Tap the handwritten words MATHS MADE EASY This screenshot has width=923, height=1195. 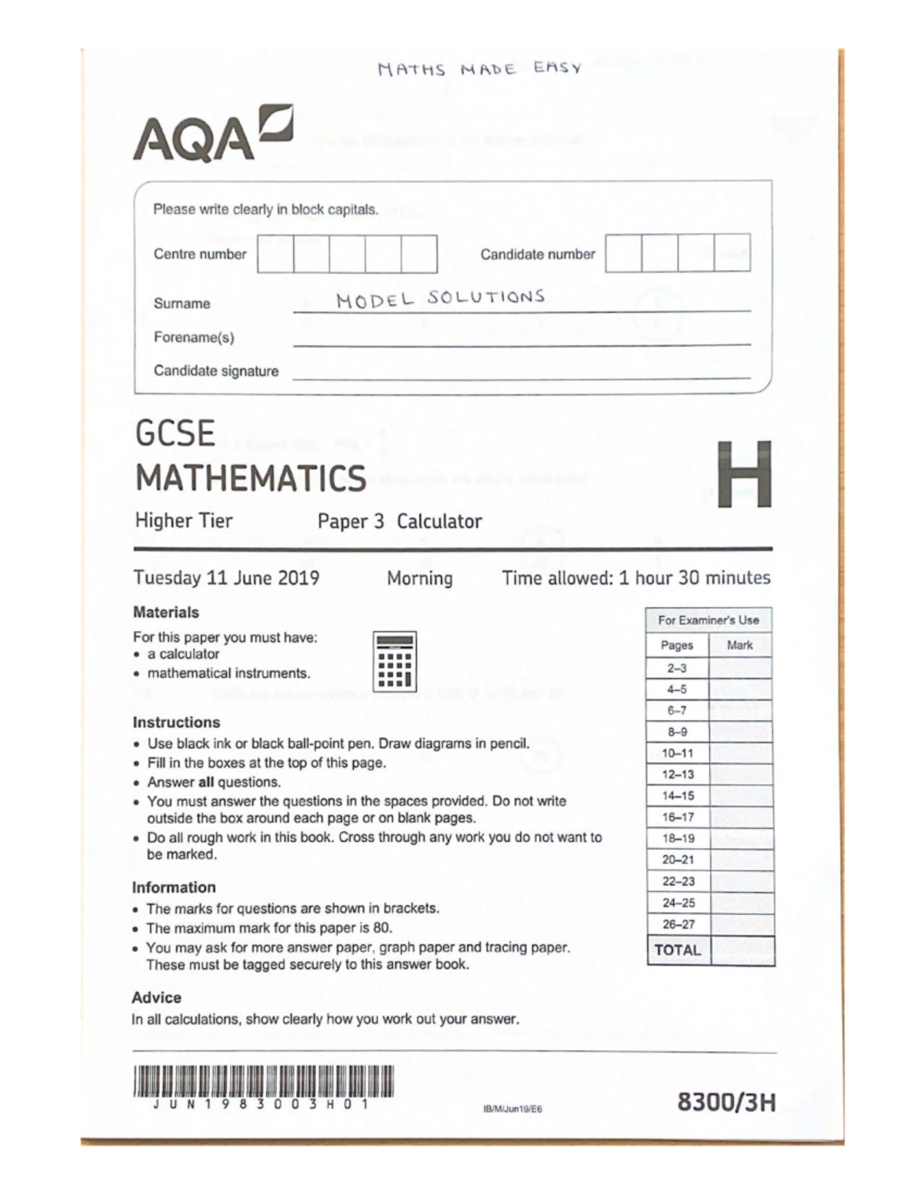480,69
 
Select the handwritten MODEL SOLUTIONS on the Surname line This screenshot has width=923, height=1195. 440,299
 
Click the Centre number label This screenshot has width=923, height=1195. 200,254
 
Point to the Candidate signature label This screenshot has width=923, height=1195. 216,371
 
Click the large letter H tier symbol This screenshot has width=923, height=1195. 744,474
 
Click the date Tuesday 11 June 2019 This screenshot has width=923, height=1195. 226,578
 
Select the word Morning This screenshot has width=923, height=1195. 419,578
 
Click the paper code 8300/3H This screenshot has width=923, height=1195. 726,1103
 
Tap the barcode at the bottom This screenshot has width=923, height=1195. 263,1080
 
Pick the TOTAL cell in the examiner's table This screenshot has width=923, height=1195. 678,950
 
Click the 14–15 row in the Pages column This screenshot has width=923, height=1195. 678,796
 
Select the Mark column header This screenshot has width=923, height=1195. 740,645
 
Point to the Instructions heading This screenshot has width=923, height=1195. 176,723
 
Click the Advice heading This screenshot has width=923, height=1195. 156,997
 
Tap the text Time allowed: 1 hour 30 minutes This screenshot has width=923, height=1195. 636,578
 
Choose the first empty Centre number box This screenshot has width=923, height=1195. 275,254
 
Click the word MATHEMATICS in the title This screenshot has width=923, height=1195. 251,478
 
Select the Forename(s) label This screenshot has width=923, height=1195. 194,337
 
